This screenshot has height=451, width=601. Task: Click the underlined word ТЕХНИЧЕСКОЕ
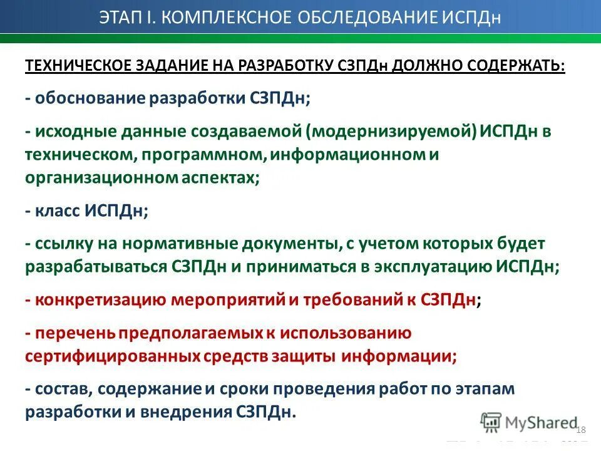click(77, 66)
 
